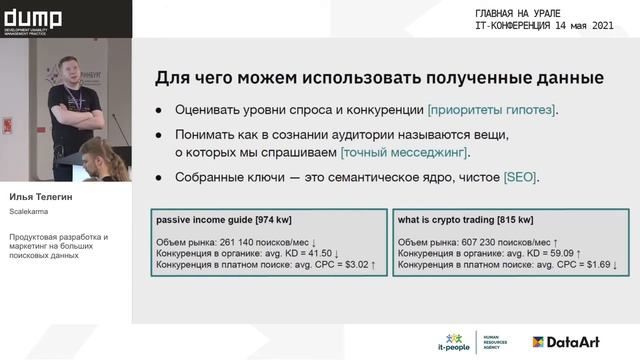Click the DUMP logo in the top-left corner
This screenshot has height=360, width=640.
click(33, 19)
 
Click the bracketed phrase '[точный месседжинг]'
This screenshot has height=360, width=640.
click(405, 153)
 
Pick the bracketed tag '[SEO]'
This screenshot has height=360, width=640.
click(521, 177)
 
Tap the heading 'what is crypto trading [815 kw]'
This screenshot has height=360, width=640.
click(465, 219)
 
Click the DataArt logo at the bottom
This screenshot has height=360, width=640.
click(565, 342)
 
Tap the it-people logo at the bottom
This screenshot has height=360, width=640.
click(455, 342)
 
